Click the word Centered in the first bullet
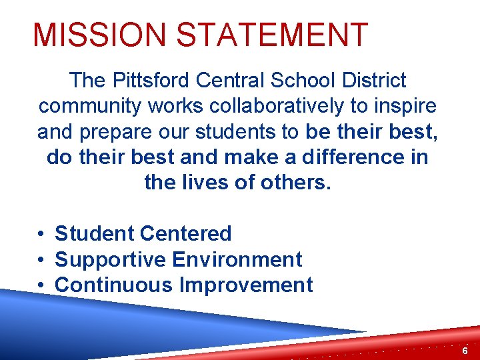pyautogui.click(x=186, y=233)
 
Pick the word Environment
pyautogui.click(x=237, y=259)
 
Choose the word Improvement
pyautogui.click(x=245, y=285)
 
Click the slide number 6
pyautogui.click(x=465, y=351)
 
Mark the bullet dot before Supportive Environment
pyautogui.click(x=41, y=259)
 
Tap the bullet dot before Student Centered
pyautogui.click(x=41, y=234)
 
